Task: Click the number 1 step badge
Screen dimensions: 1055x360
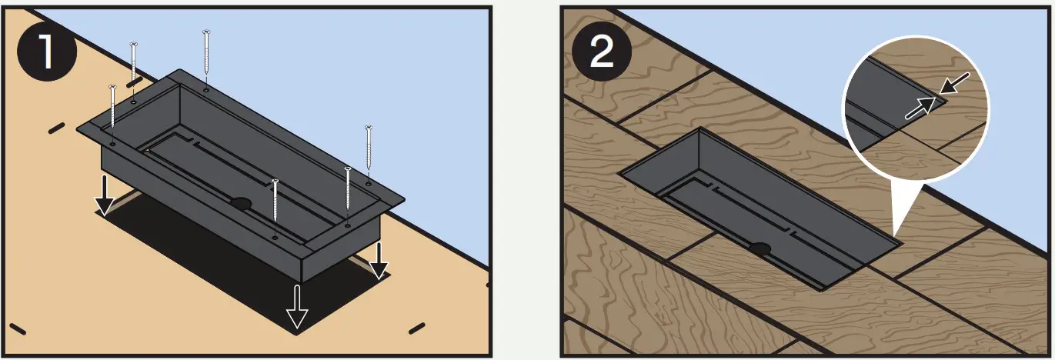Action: point(47,52)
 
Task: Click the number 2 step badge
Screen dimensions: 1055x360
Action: point(602,52)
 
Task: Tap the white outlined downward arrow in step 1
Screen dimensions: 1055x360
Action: point(297,306)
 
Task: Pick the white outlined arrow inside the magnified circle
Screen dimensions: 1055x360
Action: point(920,108)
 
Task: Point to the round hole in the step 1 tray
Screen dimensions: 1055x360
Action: point(241,203)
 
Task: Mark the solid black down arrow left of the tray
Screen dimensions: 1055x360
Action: point(105,195)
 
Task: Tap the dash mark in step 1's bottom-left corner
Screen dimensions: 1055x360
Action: point(18,329)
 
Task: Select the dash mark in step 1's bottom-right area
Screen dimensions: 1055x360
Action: point(417,328)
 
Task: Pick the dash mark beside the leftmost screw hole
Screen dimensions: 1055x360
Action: point(56,128)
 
